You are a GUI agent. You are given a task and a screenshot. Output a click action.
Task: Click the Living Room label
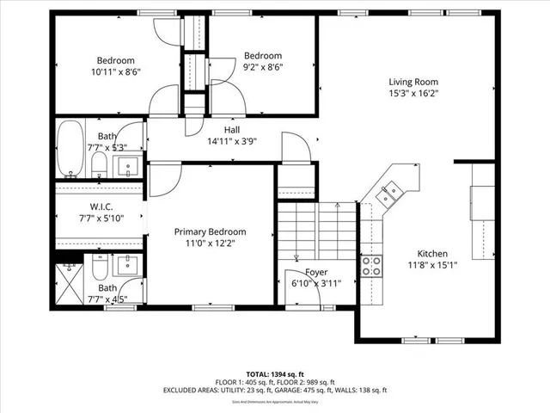[x=407, y=82]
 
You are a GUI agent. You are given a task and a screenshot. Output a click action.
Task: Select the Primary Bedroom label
[x=210, y=231]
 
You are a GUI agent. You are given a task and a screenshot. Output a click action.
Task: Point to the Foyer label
[x=317, y=271]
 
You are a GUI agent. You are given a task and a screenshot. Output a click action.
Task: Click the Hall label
[x=232, y=130]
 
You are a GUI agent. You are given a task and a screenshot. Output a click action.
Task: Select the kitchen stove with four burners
[x=372, y=265]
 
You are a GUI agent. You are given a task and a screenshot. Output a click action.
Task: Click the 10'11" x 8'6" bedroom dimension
[x=115, y=71]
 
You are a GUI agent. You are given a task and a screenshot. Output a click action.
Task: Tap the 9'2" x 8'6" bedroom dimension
[x=262, y=66]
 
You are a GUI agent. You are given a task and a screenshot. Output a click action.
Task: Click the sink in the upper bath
[x=130, y=166]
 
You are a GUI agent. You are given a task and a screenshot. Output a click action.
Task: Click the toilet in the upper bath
[x=98, y=165]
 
